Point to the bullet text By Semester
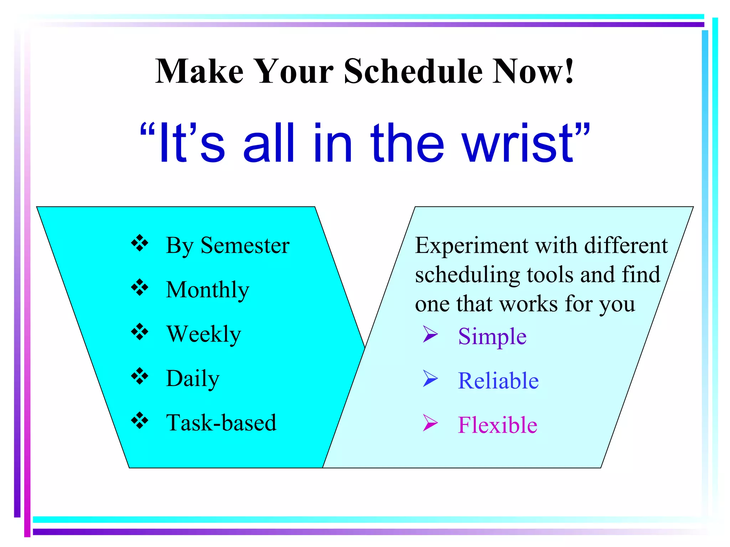coord(227,246)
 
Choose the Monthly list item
coord(207,290)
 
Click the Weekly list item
coord(204,334)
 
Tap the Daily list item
coord(192,378)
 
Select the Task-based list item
coord(221,423)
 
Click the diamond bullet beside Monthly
coord(139,288)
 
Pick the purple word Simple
coord(492,337)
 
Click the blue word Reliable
coord(498,381)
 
